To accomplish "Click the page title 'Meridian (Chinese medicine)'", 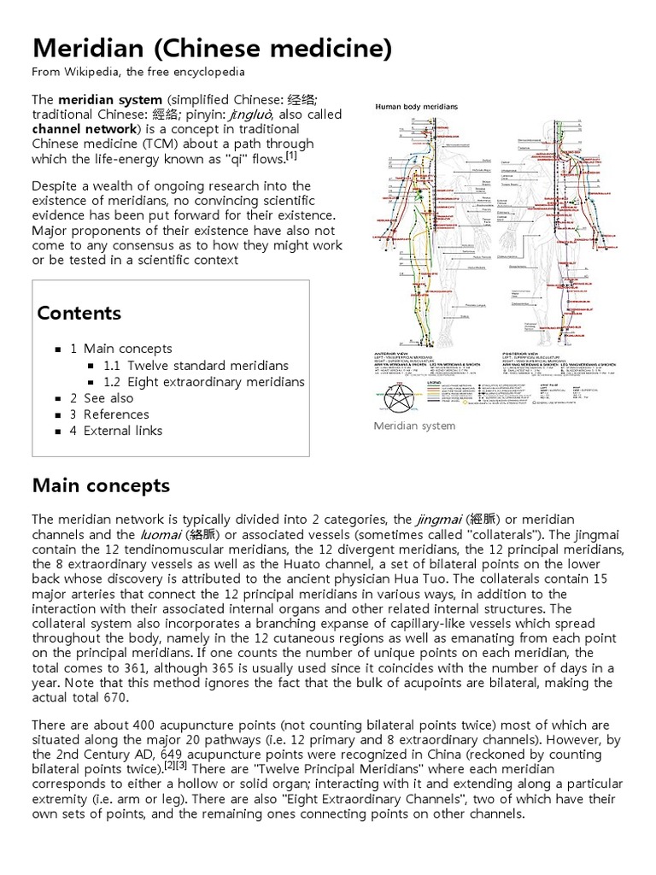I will (x=212, y=49).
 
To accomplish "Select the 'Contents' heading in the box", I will (x=79, y=313).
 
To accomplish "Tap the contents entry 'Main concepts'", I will (x=127, y=349).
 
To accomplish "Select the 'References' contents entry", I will (x=116, y=414).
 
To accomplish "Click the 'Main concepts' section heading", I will (x=101, y=486).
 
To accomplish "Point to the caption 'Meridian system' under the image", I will (x=415, y=426).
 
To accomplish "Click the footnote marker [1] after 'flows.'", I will (x=291, y=156).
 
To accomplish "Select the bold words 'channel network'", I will (x=84, y=129).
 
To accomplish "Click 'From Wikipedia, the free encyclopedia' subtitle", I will (x=138, y=72).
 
